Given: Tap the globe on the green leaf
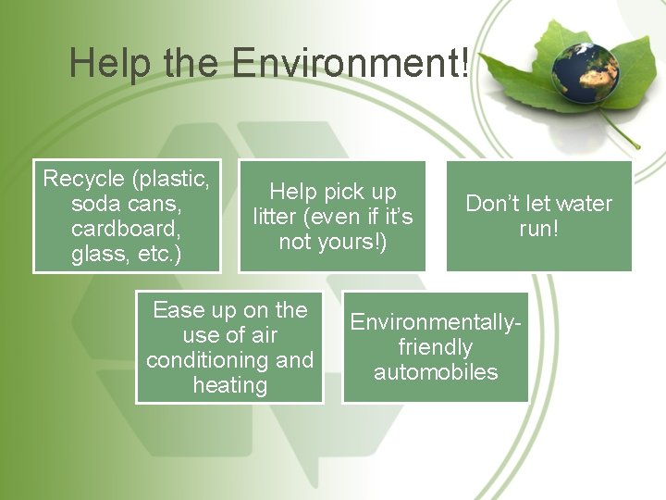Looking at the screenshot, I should [586, 67].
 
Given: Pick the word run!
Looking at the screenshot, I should [538, 228].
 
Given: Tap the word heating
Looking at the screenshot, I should [229, 384].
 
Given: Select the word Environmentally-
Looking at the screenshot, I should [436, 322].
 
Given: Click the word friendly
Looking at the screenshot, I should [435, 347].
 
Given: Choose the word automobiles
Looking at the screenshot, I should [435, 372].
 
